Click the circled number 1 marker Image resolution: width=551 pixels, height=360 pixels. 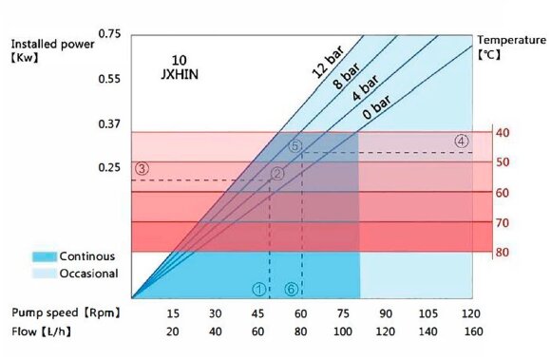[x=258, y=288]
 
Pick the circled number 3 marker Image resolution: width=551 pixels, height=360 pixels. [x=142, y=168]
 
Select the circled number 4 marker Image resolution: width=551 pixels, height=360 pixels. [x=462, y=141]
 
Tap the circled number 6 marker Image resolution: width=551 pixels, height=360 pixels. [x=292, y=288]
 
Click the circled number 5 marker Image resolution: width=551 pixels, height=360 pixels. [x=295, y=145]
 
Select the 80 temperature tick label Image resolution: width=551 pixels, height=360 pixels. [x=503, y=253]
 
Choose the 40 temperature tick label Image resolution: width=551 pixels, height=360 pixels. [x=503, y=132]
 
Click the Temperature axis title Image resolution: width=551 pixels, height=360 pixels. [x=510, y=40]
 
